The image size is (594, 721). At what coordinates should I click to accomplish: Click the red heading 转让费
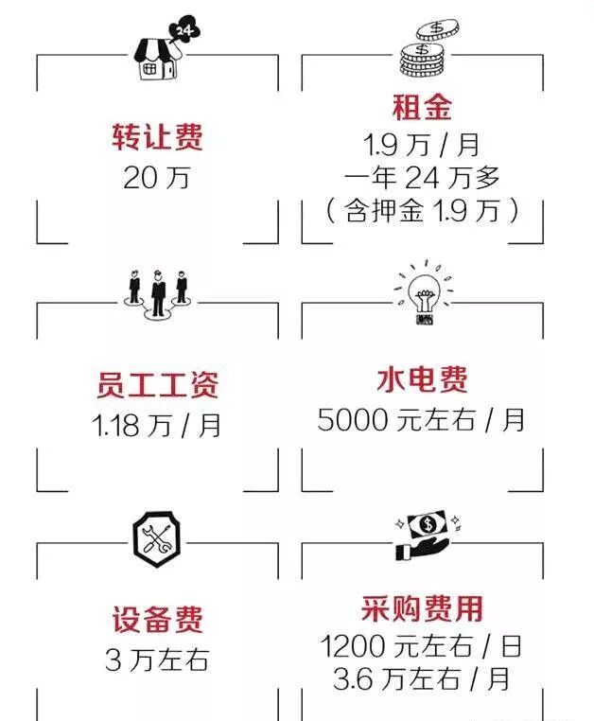coord(157,139)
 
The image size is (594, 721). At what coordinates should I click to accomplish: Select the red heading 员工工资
coord(157,385)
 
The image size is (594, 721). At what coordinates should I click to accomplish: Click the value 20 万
coord(156,177)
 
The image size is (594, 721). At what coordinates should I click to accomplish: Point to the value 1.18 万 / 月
coord(157,425)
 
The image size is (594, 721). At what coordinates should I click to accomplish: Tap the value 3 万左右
coord(157,659)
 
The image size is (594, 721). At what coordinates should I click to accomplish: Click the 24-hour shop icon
coord(158,53)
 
